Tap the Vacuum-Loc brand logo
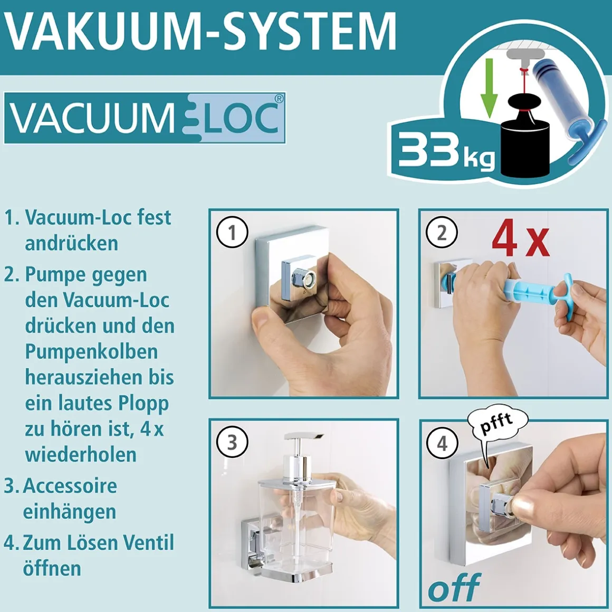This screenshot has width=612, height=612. [145, 118]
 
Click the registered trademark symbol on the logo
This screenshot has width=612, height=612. [279, 99]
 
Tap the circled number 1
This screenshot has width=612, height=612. [232, 232]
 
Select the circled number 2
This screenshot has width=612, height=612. [442, 232]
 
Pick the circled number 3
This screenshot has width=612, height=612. [232, 442]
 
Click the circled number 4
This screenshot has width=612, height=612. [442, 443]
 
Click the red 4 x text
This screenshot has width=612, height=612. [520, 239]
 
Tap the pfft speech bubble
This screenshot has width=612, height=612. [496, 422]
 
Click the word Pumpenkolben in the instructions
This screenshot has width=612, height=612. [91, 351]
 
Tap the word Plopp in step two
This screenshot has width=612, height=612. [143, 403]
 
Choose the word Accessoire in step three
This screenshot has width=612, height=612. [70, 485]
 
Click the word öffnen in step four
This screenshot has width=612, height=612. [52, 568]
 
